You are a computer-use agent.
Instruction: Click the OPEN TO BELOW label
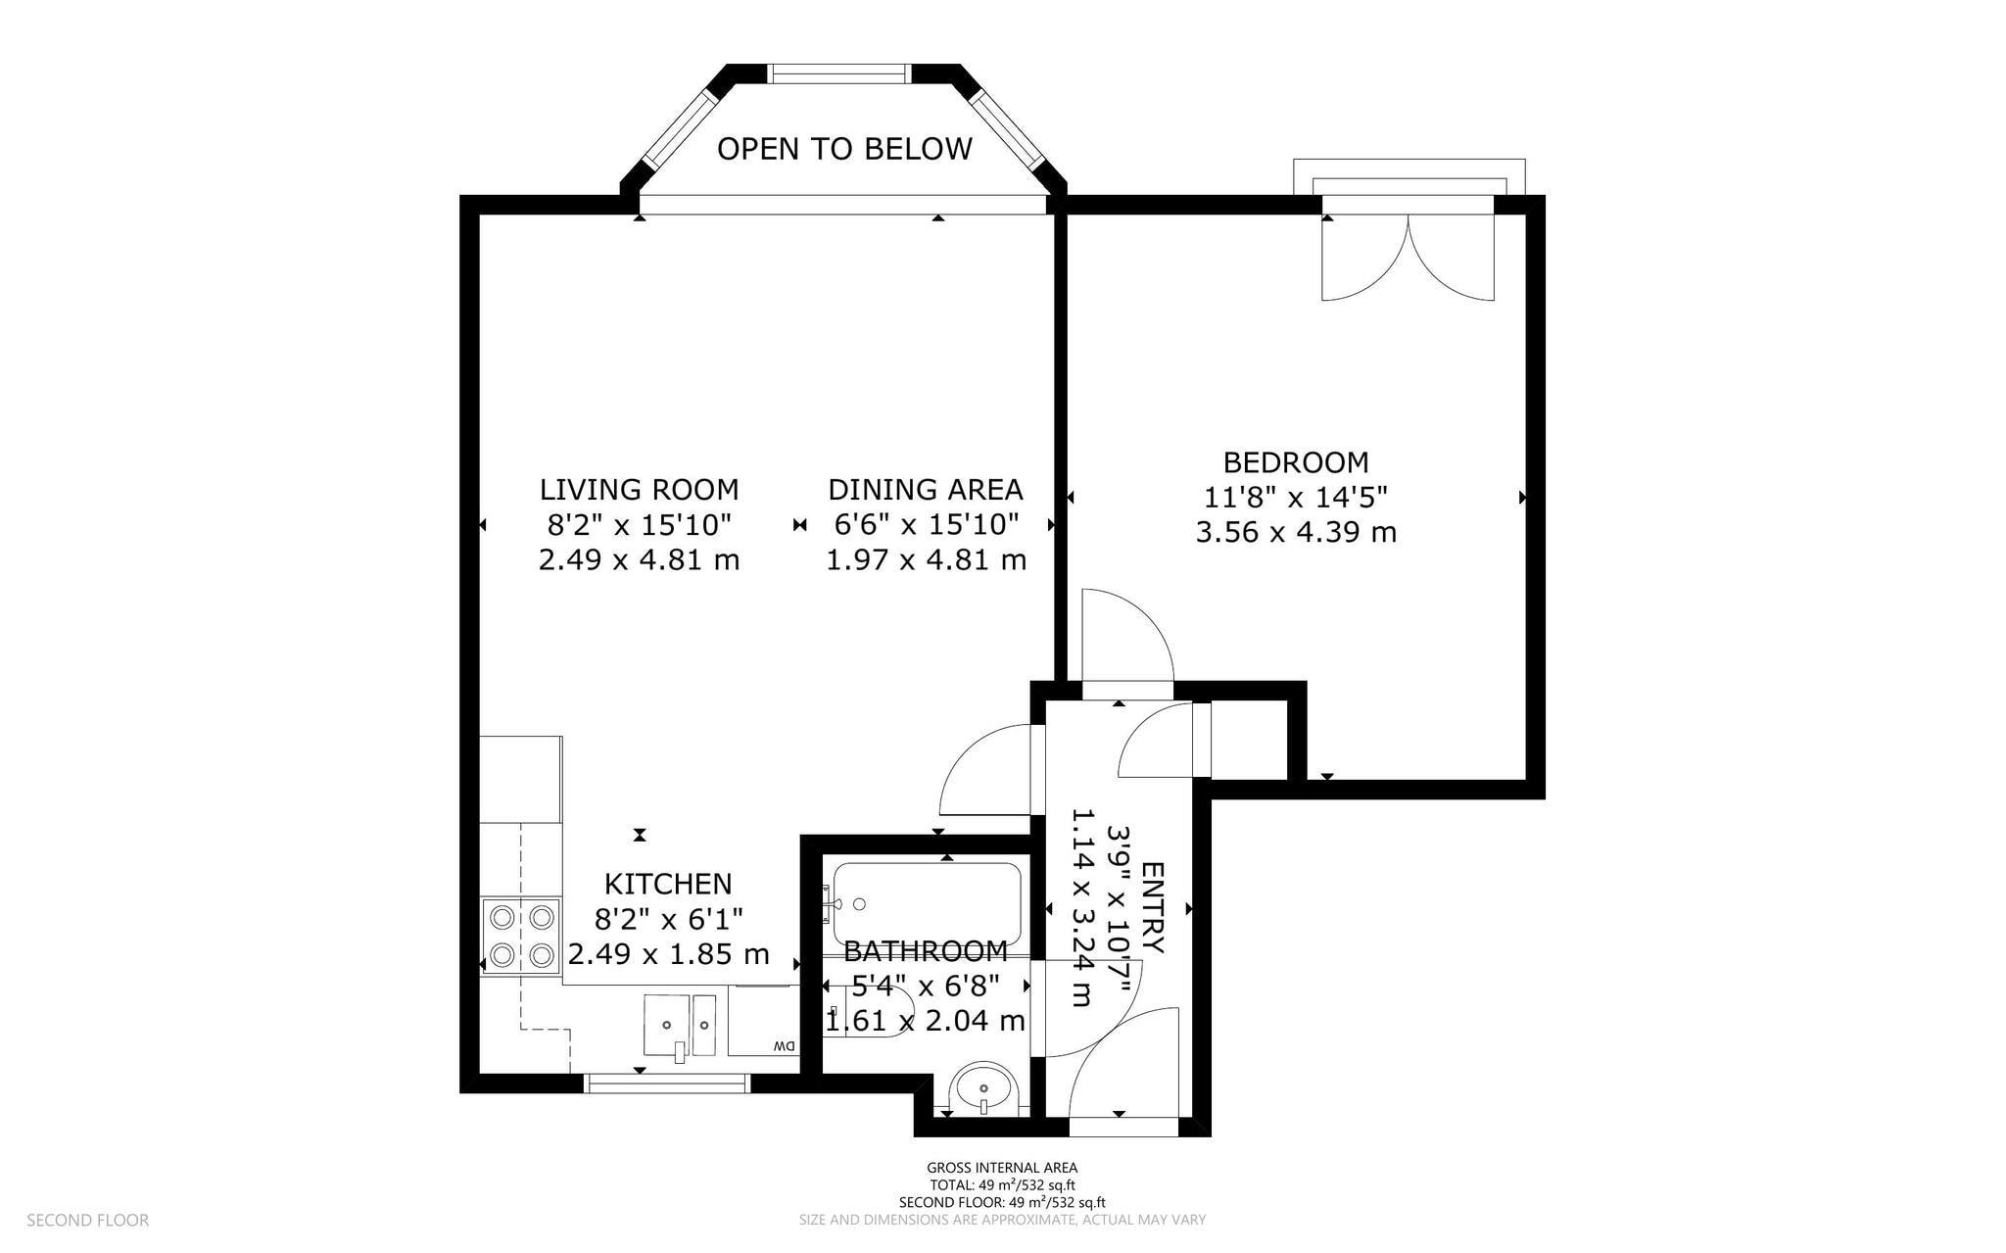coord(844,149)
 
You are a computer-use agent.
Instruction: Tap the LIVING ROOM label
coord(639,489)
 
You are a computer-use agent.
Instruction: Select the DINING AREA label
coord(926,489)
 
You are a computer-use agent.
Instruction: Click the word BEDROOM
coord(1296,461)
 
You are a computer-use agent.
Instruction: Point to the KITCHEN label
coord(668,884)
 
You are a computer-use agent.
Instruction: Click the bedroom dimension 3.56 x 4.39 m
coord(1296,533)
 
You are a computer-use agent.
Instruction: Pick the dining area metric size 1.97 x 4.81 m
coord(927,560)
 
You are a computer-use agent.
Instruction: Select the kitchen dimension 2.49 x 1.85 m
coord(669,954)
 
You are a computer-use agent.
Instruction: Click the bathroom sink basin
coord(984,1088)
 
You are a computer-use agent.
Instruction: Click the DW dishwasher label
coord(784,1046)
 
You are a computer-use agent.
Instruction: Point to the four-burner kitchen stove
coord(521,936)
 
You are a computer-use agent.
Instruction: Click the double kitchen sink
coord(680,1026)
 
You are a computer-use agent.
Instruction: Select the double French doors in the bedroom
coord(1409,257)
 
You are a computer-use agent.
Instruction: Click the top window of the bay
coord(838,73)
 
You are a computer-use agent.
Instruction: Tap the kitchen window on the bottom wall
coord(667,1083)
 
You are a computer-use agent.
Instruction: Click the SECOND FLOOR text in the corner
coord(88,1221)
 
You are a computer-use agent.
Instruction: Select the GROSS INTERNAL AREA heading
coord(1002,1168)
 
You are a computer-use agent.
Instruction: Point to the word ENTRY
coord(1154,908)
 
